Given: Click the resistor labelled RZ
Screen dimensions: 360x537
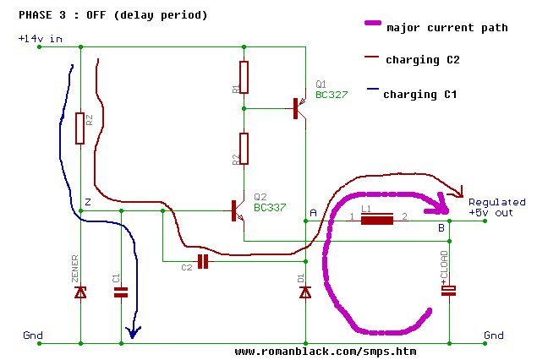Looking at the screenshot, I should (80, 128).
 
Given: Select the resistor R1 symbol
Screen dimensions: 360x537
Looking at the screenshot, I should (244, 77).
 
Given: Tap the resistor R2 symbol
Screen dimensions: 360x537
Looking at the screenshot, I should (244, 149).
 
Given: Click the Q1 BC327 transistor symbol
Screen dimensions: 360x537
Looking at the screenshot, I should (297, 108).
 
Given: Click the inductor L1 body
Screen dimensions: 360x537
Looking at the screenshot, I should (377, 221).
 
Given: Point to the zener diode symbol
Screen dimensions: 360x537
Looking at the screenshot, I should (80, 292).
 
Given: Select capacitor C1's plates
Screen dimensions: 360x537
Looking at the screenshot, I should (121, 292).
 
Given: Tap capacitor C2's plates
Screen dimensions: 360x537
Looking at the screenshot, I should (203, 261).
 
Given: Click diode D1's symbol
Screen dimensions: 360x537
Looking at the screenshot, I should (304, 292).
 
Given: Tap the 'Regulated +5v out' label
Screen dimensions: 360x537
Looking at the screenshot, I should (497, 208).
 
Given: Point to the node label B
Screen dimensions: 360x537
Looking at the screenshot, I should (441, 228).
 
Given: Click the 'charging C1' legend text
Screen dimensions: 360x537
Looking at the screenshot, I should (420, 94).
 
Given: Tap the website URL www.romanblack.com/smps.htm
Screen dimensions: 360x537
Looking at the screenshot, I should (326, 351).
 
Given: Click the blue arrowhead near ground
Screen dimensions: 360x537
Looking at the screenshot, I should (130, 333).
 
